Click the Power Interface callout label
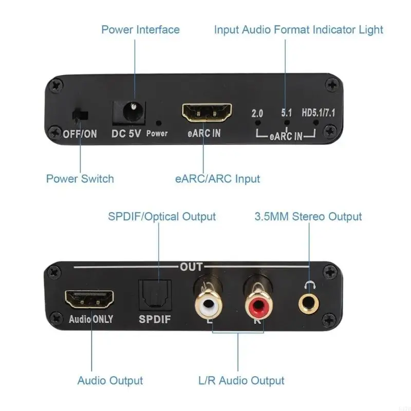(x=140, y=29)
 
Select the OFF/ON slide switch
(x=79, y=115)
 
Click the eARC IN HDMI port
(x=207, y=112)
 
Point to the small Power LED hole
(x=159, y=123)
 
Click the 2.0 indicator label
(x=257, y=113)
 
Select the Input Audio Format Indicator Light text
(x=298, y=29)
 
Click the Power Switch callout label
(x=80, y=179)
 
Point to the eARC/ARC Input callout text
(x=217, y=179)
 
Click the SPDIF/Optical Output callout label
(x=162, y=216)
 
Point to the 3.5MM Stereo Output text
(x=308, y=216)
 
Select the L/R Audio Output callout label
(x=241, y=381)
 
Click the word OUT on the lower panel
(x=191, y=268)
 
